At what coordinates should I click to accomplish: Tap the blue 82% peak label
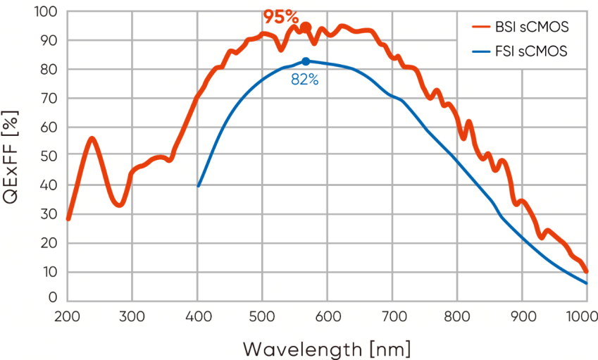305,80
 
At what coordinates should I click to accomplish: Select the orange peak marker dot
305,27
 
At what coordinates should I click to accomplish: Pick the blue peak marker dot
306,61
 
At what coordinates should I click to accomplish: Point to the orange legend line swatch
481,27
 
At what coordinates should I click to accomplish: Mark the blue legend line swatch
481,51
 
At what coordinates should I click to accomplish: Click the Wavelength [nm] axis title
326,349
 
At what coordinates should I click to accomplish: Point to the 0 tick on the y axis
53,298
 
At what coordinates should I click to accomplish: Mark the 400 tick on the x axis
197,316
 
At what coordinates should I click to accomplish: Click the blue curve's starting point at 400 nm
199,186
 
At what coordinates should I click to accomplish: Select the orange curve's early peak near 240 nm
92,139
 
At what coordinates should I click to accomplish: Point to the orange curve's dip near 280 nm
120,205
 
